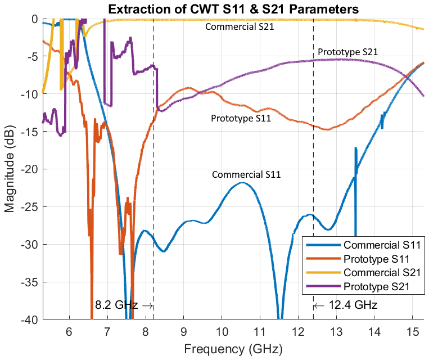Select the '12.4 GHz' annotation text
(x=353, y=305)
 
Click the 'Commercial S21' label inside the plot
(x=240, y=26)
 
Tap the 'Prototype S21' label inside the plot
(x=347, y=52)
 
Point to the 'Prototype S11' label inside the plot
(x=241, y=118)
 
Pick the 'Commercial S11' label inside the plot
(x=246, y=175)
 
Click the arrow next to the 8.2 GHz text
(x=148, y=306)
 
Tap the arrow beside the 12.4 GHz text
(x=319, y=306)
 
